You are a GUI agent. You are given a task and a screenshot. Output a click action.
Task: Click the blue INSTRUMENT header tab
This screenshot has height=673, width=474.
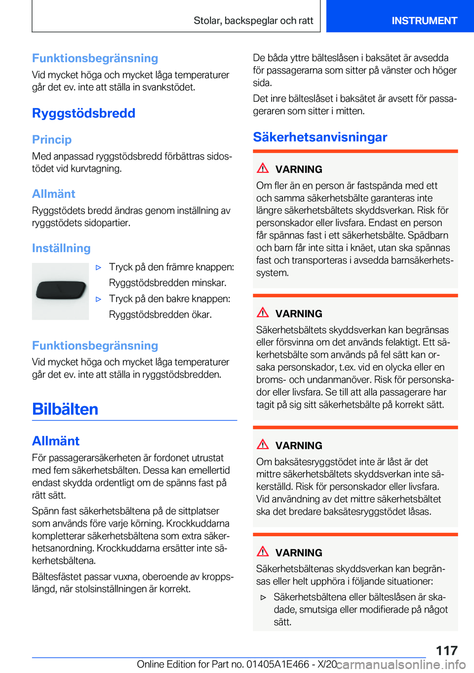424,21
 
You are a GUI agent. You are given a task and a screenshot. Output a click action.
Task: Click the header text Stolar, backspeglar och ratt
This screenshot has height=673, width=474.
253,21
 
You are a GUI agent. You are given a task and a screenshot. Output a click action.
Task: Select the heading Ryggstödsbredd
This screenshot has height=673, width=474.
83,113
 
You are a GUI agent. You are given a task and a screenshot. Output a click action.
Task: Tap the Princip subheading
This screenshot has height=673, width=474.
52,139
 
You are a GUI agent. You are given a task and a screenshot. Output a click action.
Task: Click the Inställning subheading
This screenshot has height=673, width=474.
61,248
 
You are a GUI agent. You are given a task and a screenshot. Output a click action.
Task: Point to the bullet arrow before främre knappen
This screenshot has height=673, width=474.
99,267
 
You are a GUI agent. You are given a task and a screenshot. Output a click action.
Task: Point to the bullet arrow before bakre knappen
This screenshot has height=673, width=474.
99,299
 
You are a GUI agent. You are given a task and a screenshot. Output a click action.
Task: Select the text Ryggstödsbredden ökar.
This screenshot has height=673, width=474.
160,315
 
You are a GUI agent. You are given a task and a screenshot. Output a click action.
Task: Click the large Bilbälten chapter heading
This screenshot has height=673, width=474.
65,409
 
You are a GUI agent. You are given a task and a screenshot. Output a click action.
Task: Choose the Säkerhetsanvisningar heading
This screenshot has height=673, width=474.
320,137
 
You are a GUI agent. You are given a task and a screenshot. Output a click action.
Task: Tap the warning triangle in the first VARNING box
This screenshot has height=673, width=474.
263,168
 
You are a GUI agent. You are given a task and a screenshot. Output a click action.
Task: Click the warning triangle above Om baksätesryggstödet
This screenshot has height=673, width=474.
263,445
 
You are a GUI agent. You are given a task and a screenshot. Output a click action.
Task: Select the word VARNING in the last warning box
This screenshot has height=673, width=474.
299,553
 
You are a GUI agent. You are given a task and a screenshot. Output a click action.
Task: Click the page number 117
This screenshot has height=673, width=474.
446,650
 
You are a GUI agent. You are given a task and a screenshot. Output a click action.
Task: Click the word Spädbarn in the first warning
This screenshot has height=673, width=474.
429,235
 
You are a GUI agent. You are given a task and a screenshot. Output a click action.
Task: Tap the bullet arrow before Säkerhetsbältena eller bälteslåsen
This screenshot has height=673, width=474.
264,597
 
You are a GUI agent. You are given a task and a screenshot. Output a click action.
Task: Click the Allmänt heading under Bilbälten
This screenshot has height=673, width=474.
56,441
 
